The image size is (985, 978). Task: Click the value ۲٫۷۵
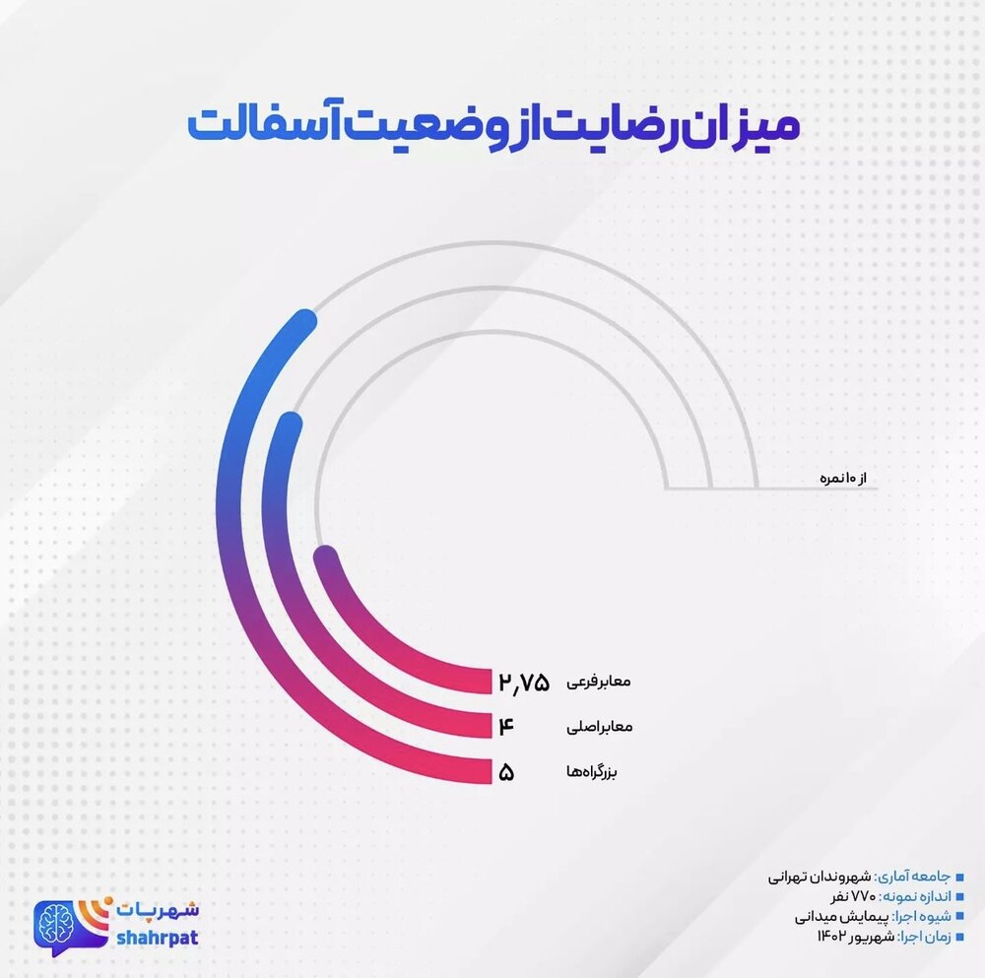[524, 682]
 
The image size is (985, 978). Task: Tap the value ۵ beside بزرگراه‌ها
[507, 772]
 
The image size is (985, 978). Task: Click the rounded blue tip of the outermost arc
[304, 322]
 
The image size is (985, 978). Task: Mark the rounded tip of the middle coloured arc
[287, 424]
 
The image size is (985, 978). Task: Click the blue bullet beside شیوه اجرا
[959, 916]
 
